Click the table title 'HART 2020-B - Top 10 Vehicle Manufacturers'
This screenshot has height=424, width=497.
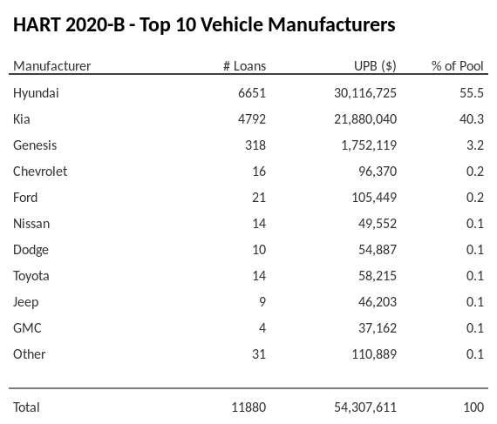point(204,24)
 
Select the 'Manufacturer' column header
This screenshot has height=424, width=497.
point(51,66)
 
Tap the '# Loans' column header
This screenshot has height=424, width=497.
point(244,66)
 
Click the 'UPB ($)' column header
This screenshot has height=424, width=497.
point(375,66)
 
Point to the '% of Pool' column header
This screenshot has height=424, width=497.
point(457,66)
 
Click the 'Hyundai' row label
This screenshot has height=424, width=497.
point(36,92)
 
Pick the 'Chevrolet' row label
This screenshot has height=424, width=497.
point(40,171)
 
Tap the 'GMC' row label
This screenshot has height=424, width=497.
point(27,327)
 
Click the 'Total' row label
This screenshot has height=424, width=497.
point(26,407)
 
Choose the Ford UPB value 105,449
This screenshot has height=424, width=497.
point(373,197)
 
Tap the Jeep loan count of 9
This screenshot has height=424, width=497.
point(262,301)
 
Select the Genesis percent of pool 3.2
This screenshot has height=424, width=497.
point(475,145)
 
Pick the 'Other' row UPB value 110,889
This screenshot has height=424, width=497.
point(373,353)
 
